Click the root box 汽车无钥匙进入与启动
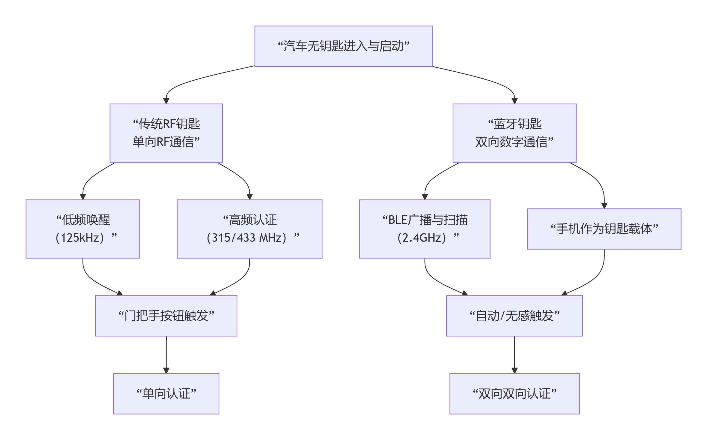(x=343, y=46)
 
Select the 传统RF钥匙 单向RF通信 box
(x=166, y=133)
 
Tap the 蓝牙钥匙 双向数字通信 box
(x=514, y=133)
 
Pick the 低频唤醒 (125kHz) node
(x=83, y=229)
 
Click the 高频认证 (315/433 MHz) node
(x=250, y=229)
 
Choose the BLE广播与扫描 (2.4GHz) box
(x=425, y=229)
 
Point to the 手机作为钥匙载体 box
(x=604, y=229)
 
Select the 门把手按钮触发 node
(x=166, y=316)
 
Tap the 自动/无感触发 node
(x=514, y=316)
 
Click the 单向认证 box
(x=166, y=394)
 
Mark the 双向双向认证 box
(x=514, y=394)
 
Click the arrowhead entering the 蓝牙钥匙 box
(x=514, y=101)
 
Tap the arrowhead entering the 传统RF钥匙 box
(x=166, y=101)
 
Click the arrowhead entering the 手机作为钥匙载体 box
(x=604, y=206)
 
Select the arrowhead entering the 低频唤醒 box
(x=83, y=197)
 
